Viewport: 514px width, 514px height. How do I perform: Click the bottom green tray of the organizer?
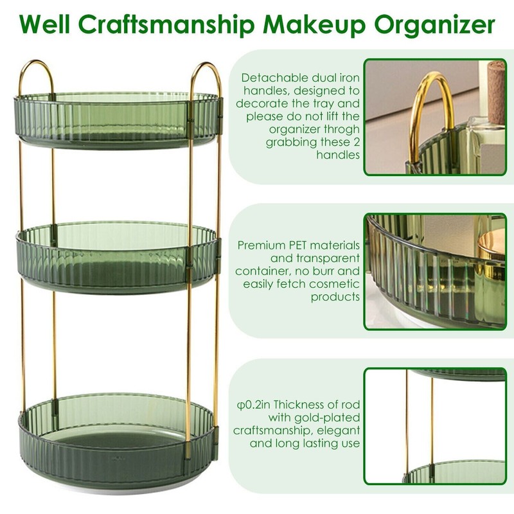[x=119, y=437]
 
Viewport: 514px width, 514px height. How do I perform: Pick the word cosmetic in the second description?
[x=335, y=283]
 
